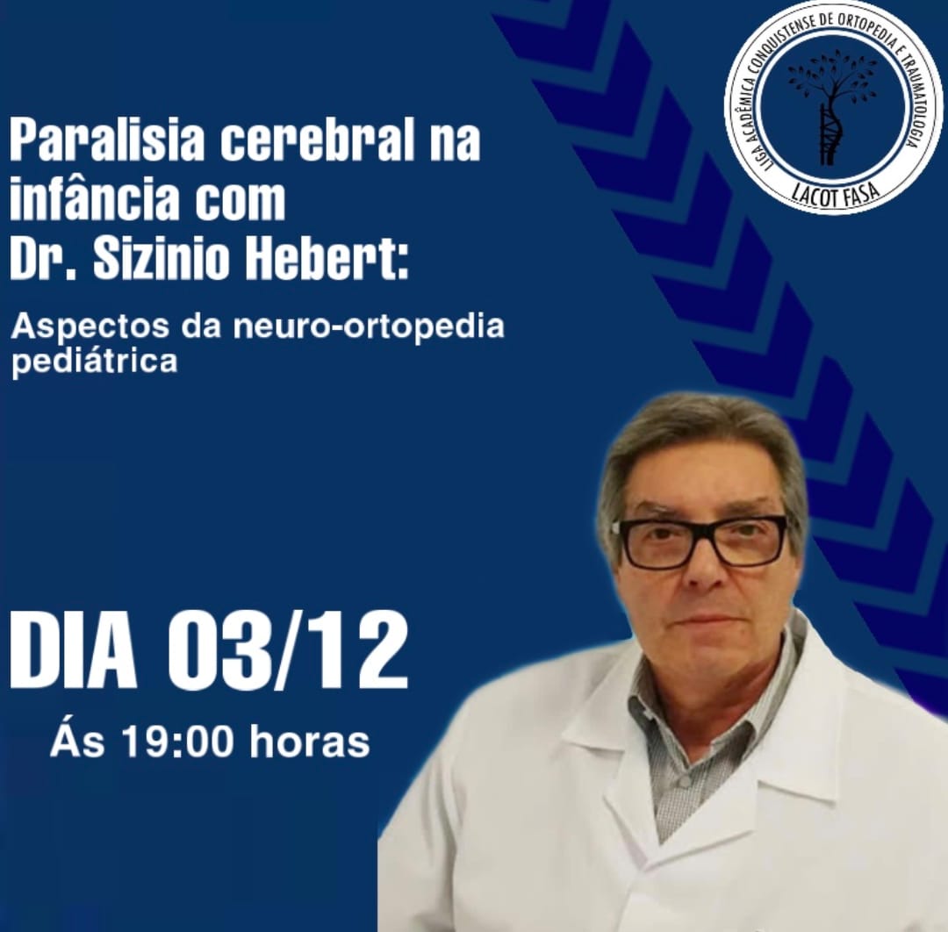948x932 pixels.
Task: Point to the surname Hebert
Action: pyautogui.click(x=330, y=261)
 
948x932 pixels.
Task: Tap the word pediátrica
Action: pyautogui.click(x=94, y=362)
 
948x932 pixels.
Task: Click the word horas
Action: pyautogui.click(x=309, y=742)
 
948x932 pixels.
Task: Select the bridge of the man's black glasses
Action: pyautogui.click(x=700, y=533)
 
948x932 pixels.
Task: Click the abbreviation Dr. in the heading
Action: pyautogui.click(x=42, y=261)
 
